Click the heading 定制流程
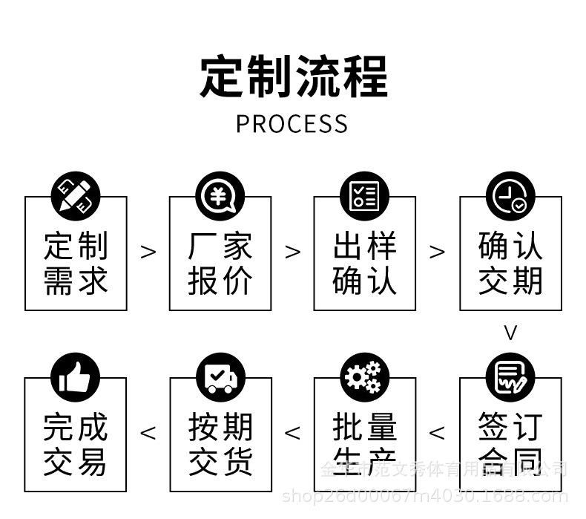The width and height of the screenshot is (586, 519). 293,76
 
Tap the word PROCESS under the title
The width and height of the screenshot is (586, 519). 292,124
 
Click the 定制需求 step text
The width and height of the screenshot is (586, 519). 76,264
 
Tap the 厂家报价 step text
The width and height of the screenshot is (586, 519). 220,264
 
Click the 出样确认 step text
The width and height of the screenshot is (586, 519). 364,264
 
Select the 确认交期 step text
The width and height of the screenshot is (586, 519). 510,264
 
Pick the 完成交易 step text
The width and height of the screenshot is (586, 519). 76,444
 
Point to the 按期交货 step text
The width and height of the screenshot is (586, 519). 220,444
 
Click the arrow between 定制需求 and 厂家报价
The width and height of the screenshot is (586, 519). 148,252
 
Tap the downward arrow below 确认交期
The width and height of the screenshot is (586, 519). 510,332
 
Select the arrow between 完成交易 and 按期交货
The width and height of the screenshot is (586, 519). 148,432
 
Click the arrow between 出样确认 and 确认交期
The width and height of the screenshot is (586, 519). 438,252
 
